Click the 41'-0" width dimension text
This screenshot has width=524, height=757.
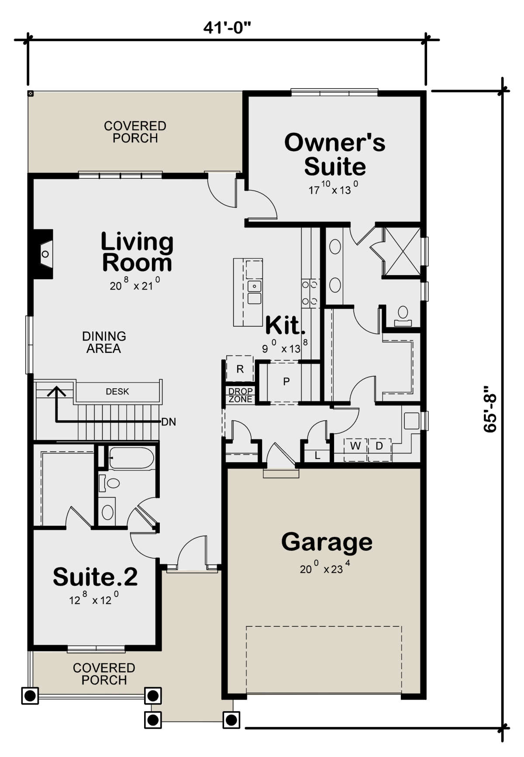[227, 28]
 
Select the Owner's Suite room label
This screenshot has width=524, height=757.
[335, 154]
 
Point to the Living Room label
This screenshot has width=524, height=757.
[137, 252]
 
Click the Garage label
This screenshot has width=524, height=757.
[327, 542]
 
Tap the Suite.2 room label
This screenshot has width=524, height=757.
[95, 577]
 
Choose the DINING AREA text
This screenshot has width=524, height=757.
[104, 342]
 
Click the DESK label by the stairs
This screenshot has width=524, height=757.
[117, 391]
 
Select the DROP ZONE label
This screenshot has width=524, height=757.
[240, 395]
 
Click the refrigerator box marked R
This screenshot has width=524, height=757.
[240, 369]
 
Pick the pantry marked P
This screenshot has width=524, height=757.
[286, 381]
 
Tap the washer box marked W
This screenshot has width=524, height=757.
[355, 446]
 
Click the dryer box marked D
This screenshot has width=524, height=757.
[379, 446]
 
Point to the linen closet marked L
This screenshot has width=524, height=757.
[317, 456]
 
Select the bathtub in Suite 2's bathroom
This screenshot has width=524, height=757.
[131, 458]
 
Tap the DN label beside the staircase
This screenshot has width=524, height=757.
[169, 422]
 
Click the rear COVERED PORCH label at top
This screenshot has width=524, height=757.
[135, 132]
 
